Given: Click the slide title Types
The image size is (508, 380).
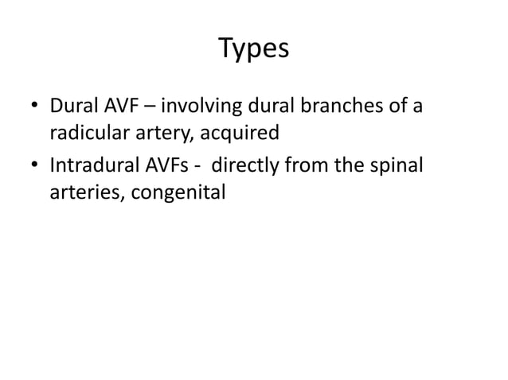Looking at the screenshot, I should [254, 49].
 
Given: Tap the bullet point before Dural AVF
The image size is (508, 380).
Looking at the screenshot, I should [35, 106].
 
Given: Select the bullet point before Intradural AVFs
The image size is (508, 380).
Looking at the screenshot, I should [35, 168].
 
